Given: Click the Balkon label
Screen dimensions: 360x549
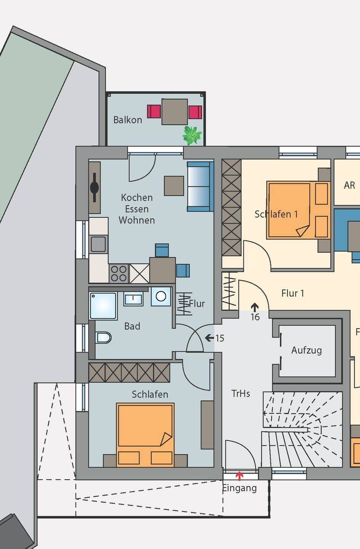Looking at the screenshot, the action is coord(128,120).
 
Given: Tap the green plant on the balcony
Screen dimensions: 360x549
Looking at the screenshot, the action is coord(192,135).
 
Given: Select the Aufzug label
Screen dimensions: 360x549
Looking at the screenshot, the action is coord(306,350).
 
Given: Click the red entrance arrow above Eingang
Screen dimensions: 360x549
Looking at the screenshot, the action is coord(239,476).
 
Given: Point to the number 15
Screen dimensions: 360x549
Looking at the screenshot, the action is coord(220,338).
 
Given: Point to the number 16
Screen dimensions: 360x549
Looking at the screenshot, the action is coord(255,317).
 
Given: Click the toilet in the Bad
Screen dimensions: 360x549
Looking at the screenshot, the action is coord(103,337).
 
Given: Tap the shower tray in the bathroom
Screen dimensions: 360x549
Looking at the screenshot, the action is coord(103,306).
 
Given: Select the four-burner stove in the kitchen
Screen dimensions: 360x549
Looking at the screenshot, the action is coord(119,273).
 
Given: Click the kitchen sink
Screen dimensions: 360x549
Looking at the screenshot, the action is coord(98,244).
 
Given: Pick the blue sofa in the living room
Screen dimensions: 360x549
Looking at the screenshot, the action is coord(200,186).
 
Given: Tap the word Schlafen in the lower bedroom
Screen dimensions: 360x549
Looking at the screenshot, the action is coord(150,394).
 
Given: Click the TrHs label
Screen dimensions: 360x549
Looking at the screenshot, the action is coord(240,393).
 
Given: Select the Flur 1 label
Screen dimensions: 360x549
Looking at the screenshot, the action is coord(293,293).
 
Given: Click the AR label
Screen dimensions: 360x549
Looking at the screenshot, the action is coord(349,185).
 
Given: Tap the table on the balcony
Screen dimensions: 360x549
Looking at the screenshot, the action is coord(174,112).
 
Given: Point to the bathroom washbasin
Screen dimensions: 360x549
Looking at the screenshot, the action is coord(133,299).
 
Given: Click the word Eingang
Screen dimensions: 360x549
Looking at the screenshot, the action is coord(240,488).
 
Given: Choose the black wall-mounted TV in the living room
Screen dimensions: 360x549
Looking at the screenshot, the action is coord(94,188).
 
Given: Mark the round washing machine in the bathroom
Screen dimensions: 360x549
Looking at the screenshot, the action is coord(161,297).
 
